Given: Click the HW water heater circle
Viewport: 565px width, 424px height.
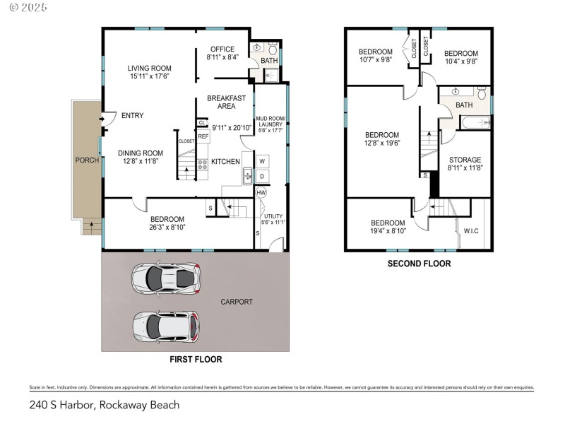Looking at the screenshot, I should click(261, 192).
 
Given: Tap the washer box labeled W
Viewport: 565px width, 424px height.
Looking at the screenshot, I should click(261, 161).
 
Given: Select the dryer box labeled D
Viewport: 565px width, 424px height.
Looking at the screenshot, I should click(261, 176).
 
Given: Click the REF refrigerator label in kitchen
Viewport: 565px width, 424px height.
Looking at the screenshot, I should click(203, 136).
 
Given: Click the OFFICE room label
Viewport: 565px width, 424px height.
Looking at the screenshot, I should click(222, 49).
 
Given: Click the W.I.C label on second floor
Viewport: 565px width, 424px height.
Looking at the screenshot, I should click(470, 230).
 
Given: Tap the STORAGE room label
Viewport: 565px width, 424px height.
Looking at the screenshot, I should click(465, 160).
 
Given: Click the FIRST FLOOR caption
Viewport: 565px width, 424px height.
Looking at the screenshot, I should click(196, 360).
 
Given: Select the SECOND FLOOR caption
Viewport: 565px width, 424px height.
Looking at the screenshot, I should click(419, 264).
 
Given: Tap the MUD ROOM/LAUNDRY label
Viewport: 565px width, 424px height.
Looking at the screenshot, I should click(269, 121).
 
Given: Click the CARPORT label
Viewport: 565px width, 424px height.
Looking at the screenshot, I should click(237, 302).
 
